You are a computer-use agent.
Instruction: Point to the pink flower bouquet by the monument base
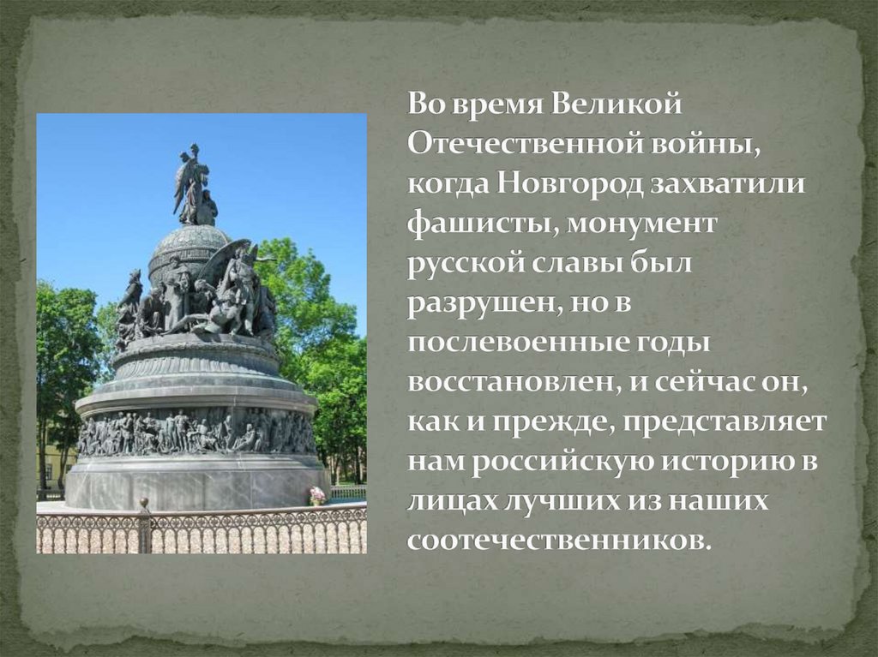coord(317,494)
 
